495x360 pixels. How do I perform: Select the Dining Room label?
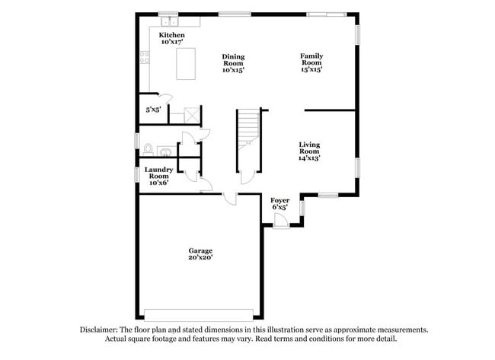point(233,63)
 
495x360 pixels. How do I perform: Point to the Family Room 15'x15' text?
point(311,62)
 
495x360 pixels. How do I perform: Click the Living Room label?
point(308,151)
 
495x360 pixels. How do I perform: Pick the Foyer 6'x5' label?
point(279,203)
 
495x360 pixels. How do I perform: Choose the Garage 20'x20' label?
point(201,253)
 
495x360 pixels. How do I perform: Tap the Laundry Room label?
point(158,177)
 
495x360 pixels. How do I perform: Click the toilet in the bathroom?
point(148,149)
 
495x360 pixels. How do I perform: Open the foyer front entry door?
point(280,221)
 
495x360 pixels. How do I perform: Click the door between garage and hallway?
point(230,199)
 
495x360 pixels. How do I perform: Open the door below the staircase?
point(247,177)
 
